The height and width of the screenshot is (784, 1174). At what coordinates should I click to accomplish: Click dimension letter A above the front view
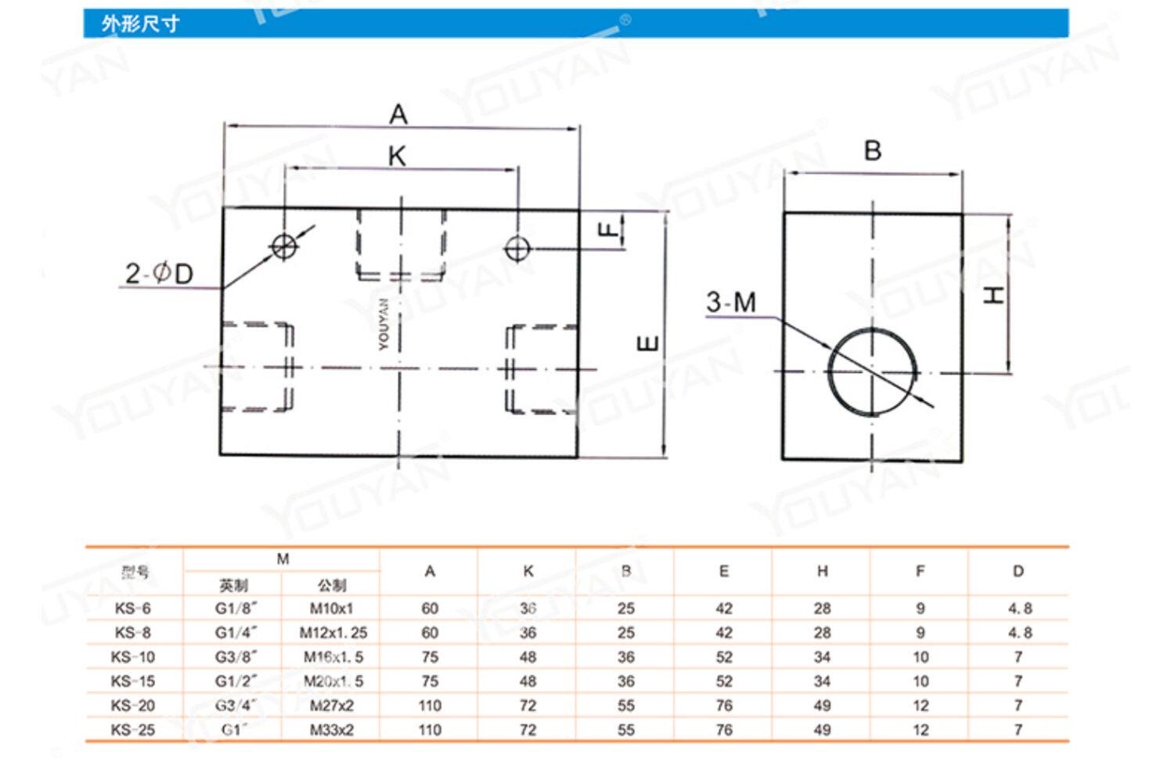(398, 114)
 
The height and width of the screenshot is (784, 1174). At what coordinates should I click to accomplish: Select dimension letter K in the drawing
(397, 156)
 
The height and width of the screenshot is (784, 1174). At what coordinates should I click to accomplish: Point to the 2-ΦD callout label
(159, 273)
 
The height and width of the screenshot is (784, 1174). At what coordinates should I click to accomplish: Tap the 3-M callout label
(731, 302)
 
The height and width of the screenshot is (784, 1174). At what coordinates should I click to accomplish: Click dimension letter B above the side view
(873, 150)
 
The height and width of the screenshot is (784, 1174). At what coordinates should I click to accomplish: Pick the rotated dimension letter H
(993, 294)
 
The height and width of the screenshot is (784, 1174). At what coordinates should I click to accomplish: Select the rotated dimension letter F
(608, 229)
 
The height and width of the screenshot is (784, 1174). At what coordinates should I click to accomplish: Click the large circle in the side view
(872, 371)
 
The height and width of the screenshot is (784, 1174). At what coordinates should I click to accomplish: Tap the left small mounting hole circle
(284, 247)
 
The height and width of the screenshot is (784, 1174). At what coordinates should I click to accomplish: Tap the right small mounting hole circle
(517, 248)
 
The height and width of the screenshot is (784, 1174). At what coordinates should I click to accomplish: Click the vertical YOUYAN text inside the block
(384, 323)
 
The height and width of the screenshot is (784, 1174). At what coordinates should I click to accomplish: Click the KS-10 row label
(133, 656)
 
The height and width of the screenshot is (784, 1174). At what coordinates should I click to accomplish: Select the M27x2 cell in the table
(332, 705)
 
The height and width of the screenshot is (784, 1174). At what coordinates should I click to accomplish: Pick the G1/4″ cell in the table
(236, 632)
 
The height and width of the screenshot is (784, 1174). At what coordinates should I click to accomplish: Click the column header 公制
(332, 584)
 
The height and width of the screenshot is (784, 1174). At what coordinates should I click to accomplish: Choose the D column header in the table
(1017, 571)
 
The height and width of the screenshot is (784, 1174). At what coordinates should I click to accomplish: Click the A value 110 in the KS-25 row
(430, 729)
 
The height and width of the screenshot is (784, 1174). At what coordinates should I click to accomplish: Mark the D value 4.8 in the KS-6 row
(1019, 608)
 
